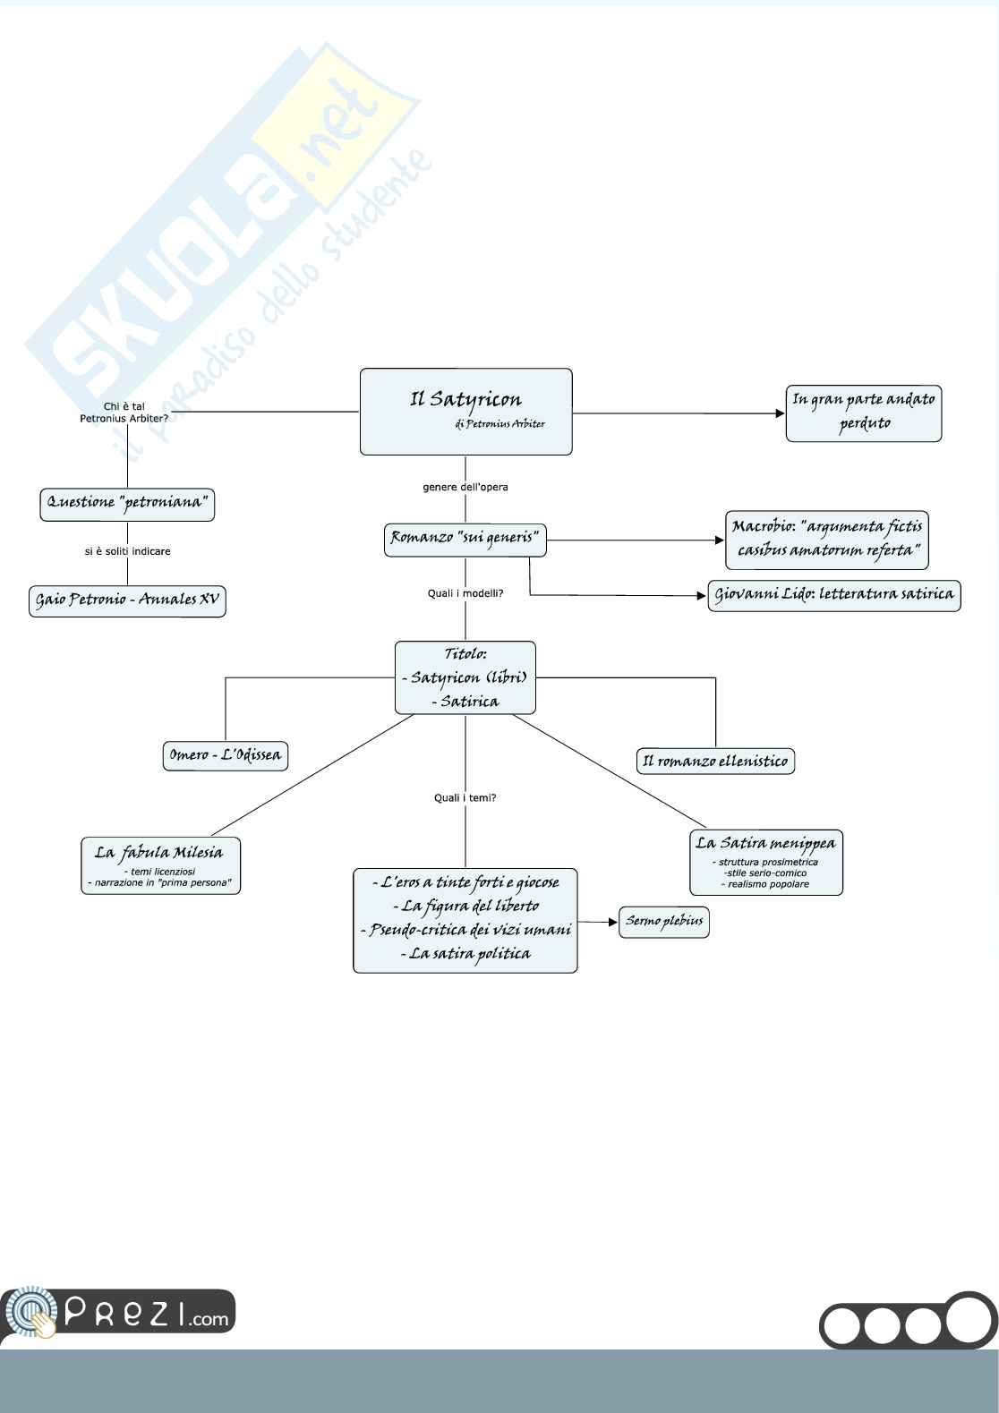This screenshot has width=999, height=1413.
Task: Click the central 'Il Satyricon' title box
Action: click(x=465, y=412)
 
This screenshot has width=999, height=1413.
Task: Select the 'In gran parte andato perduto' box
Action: click(x=863, y=413)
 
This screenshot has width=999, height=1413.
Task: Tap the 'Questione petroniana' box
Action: click(x=127, y=504)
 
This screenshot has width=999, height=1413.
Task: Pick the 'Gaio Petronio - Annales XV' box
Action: click(x=127, y=600)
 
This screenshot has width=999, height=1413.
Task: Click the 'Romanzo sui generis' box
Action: click(x=465, y=540)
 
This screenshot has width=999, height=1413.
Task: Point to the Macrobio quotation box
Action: click(x=826, y=540)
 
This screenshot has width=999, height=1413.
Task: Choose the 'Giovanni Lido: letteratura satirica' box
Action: click(x=833, y=595)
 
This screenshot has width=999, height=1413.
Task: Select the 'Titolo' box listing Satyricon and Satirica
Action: click(x=465, y=678)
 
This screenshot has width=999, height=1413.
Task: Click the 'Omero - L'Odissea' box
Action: click(x=225, y=756)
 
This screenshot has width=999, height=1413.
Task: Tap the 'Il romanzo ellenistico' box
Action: click(x=715, y=762)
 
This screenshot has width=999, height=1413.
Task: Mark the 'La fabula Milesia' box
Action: click(x=160, y=865)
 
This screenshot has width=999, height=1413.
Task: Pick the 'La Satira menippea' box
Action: click(x=765, y=863)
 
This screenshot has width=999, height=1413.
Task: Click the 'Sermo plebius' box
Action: click(x=663, y=922)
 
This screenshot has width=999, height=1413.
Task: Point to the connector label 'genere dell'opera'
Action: click(x=465, y=488)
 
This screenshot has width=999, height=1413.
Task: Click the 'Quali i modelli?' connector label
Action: click(x=465, y=593)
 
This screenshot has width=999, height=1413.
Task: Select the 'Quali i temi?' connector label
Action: click(x=465, y=798)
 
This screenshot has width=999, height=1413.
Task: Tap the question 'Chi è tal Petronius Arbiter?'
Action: click(x=124, y=413)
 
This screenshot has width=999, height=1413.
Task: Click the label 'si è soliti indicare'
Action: click(x=127, y=552)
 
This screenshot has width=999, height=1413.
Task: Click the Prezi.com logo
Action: click(x=118, y=1315)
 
